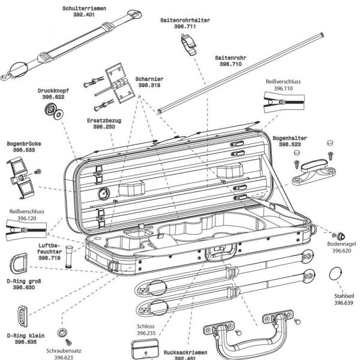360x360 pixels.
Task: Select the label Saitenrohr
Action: [230, 58]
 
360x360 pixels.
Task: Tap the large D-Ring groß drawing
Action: [18, 264]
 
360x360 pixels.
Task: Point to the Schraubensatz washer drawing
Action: [62, 333]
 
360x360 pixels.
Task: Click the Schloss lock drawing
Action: [142, 347]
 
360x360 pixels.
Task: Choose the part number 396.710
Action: [230, 64]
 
